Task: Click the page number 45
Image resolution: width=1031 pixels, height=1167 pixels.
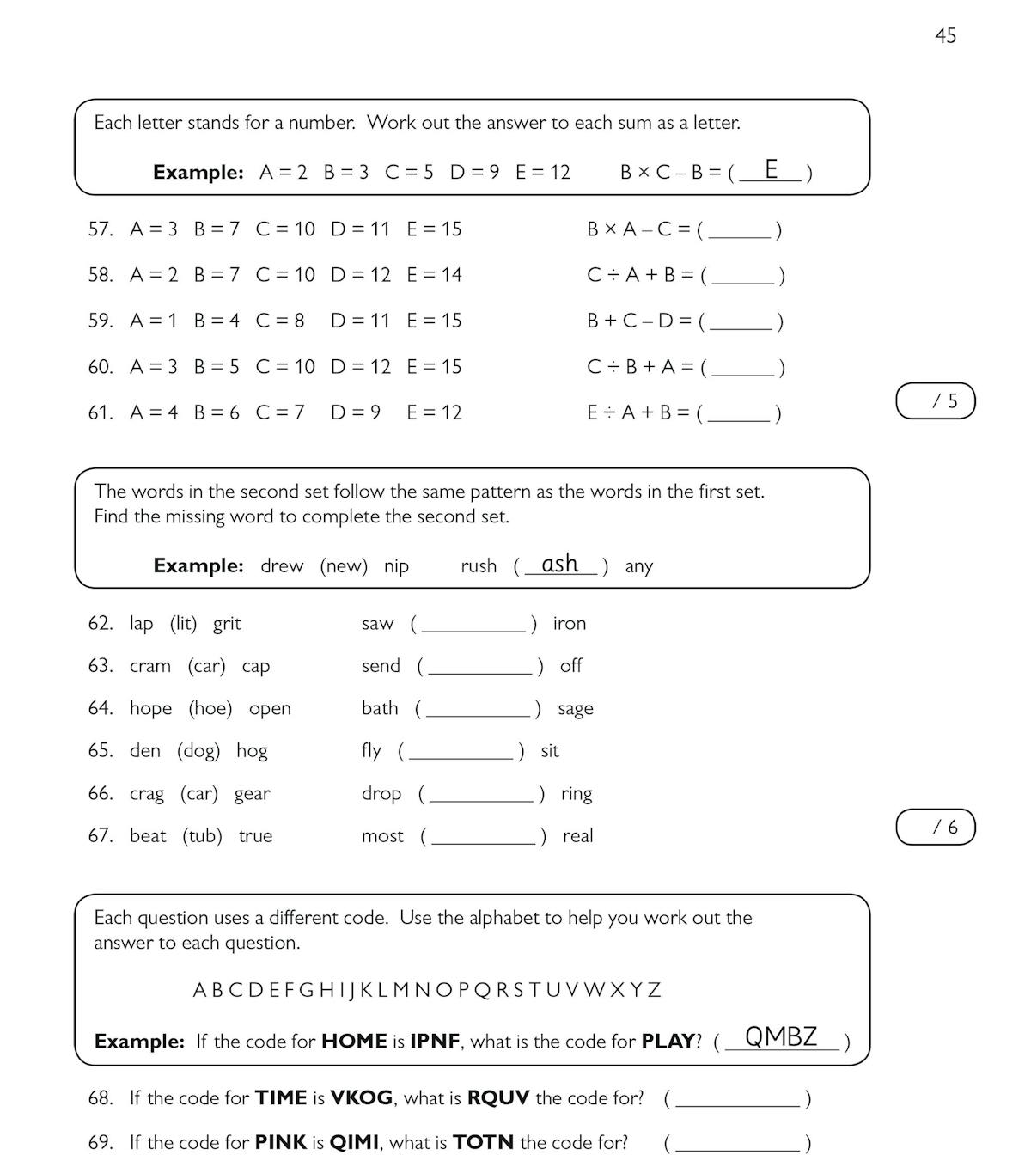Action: (x=945, y=36)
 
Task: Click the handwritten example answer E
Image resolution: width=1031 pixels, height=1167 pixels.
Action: (x=771, y=169)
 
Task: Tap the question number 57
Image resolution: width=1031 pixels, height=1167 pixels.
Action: (x=101, y=229)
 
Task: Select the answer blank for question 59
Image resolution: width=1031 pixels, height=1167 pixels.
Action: (x=741, y=322)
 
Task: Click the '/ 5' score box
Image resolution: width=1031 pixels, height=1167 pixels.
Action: (x=936, y=401)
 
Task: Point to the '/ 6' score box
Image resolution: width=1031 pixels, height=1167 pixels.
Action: (x=936, y=828)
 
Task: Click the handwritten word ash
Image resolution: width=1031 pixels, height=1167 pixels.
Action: (x=560, y=565)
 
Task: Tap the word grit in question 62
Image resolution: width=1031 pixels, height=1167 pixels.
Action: (x=227, y=624)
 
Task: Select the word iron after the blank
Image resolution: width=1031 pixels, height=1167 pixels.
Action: (x=569, y=624)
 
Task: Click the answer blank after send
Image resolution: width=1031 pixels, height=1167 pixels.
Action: (x=480, y=667)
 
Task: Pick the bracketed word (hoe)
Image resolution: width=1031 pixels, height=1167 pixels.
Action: (x=210, y=709)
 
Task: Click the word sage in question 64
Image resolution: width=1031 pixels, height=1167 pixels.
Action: (x=575, y=709)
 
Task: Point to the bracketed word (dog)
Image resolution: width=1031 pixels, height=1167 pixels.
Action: (x=198, y=751)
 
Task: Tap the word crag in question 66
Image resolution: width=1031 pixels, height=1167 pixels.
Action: (x=147, y=794)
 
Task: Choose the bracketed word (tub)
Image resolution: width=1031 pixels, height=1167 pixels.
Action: (x=202, y=836)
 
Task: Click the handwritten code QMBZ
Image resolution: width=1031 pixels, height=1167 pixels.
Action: (x=781, y=1037)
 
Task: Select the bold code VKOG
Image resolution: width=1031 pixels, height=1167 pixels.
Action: (x=362, y=1098)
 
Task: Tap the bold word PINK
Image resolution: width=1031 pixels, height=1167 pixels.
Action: (x=280, y=1143)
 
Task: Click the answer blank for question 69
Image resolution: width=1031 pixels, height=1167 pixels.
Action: (x=737, y=1144)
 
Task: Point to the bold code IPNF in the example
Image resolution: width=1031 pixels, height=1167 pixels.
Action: (x=435, y=1042)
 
